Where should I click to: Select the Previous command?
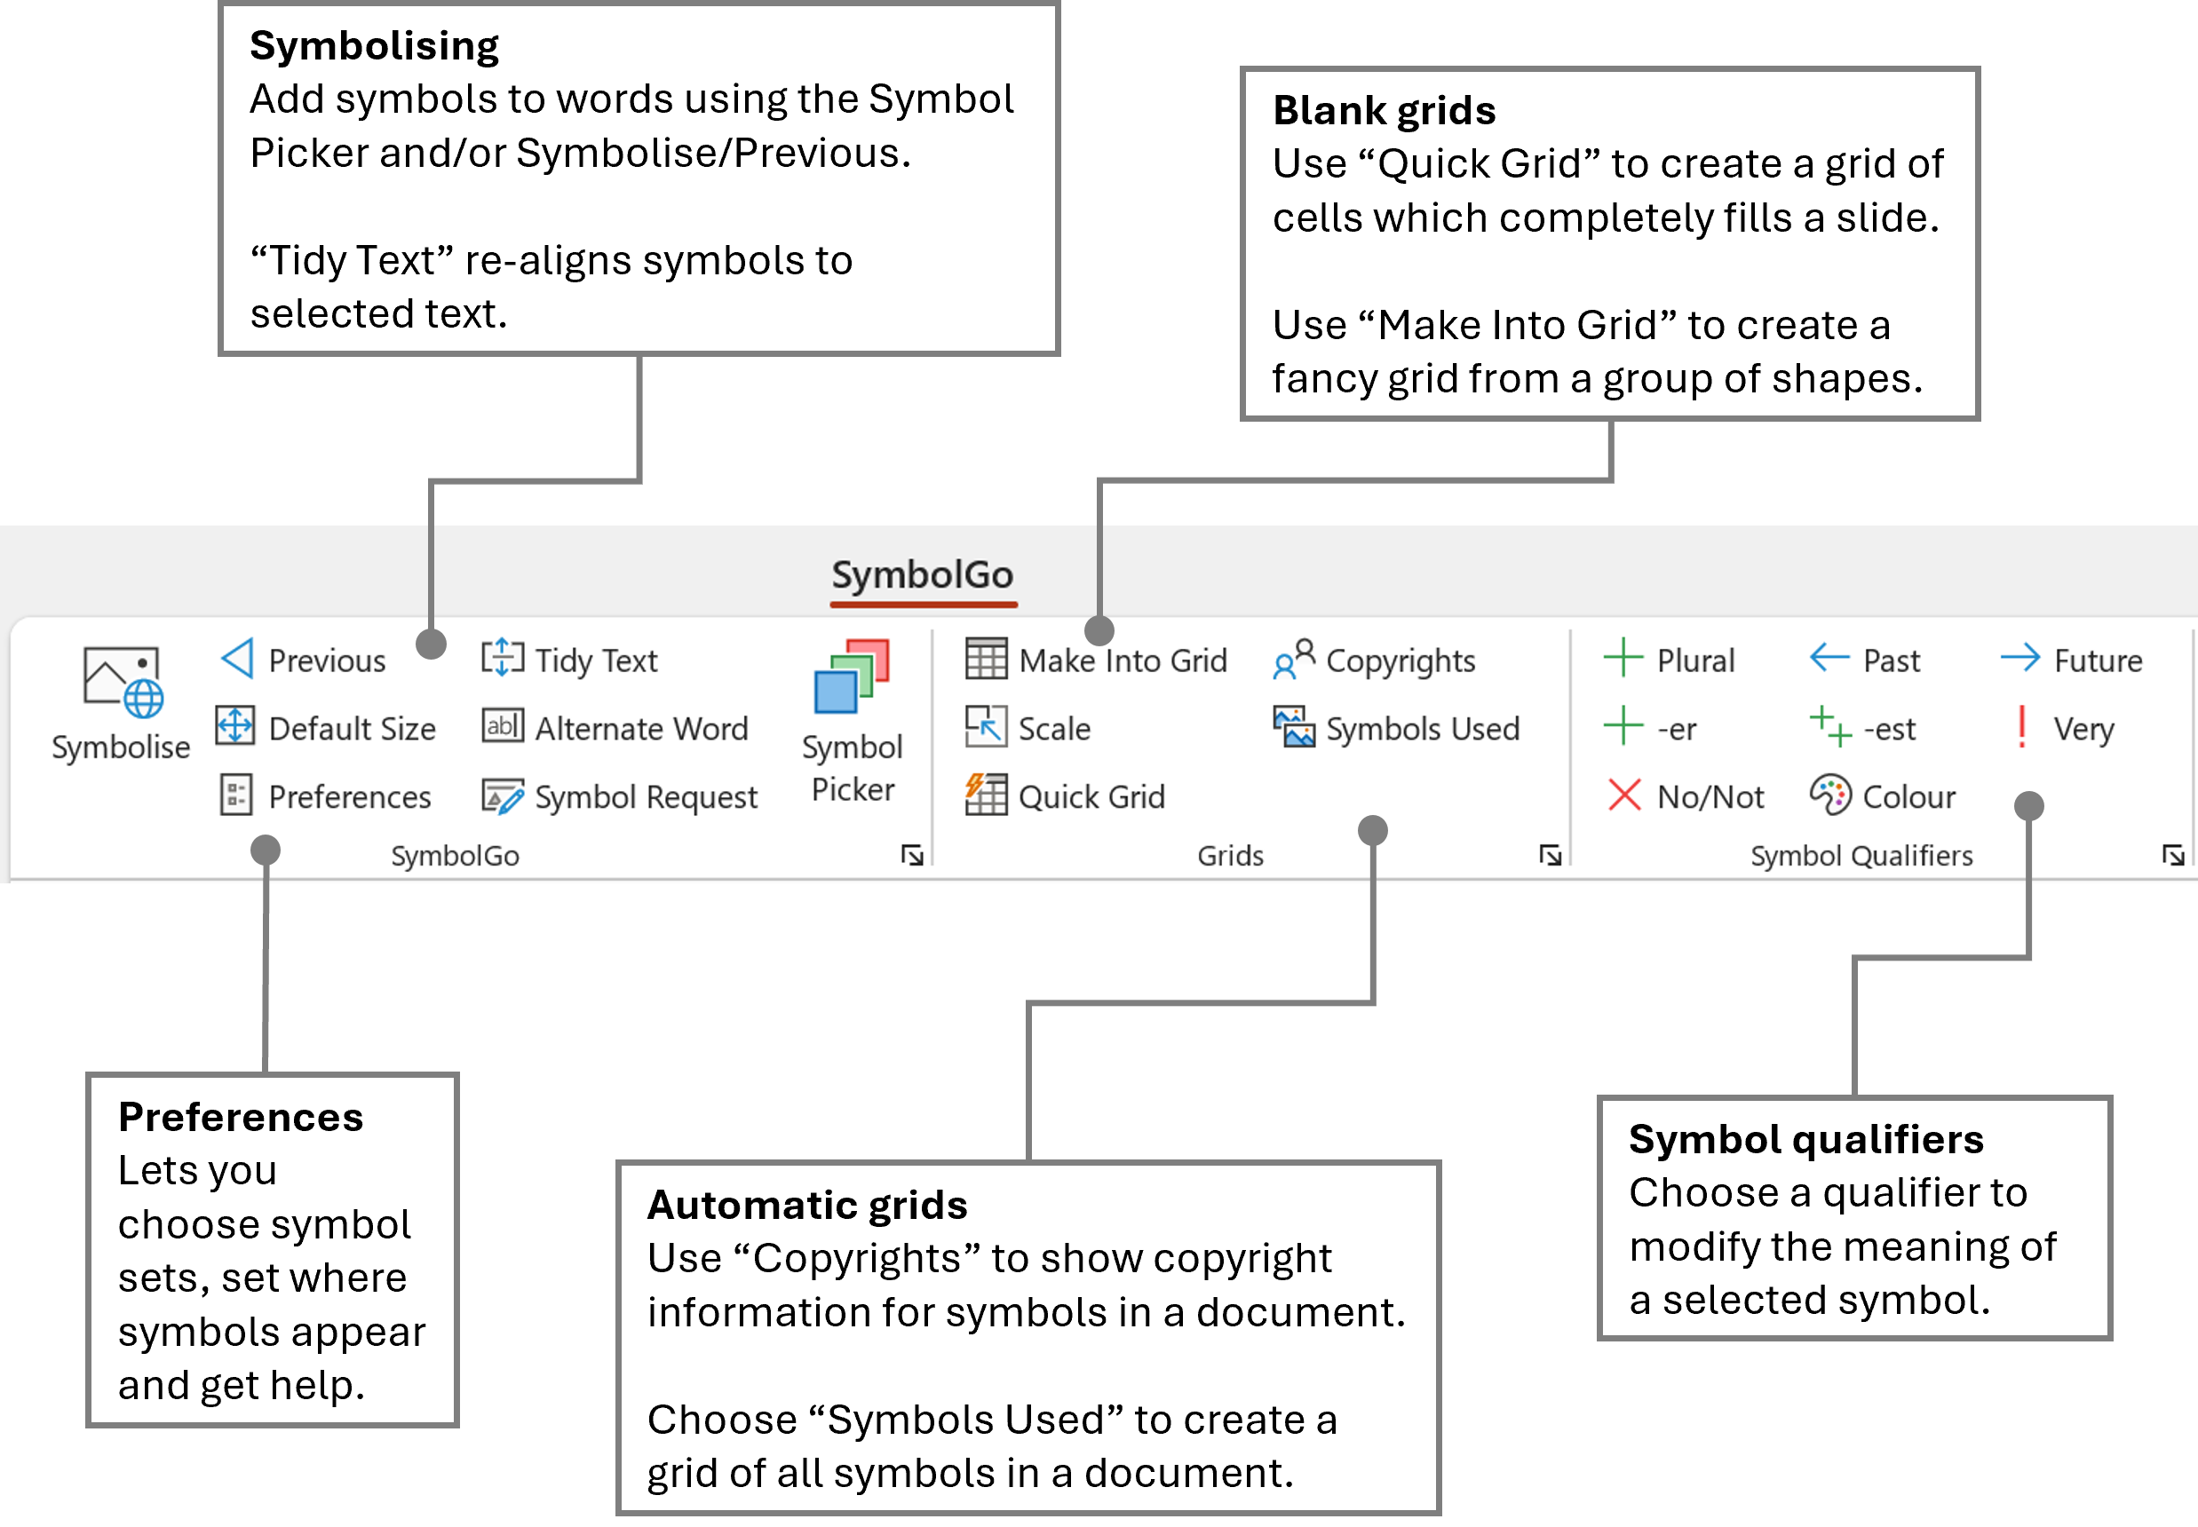pyautogui.click(x=305, y=661)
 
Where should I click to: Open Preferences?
pyautogui.click(x=326, y=796)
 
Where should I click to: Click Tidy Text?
pyautogui.click(x=570, y=661)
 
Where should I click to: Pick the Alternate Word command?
pyautogui.click(x=616, y=728)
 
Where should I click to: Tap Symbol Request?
pyautogui.click(x=620, y=796)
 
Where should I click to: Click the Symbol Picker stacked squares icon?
pyautogui.click(x=852, y=676)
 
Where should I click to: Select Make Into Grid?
pyautogui.click(x=1097, y=661)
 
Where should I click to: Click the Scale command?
pyautogui.click(x=1028, y=728)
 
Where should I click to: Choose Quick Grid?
pyautogui.click(x=1066, y=796)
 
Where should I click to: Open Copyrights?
pyautogui.click(x=1375, y=661)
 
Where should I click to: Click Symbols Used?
pyautogui.click(x=1397, y=728)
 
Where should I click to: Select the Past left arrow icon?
pyautogui.click(x=1829, y=658)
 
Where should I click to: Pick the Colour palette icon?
pyautogui.click(x=1830, y=794)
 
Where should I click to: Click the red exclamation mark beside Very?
pyautogui.click(x=2022, y=727)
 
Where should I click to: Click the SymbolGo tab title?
pyautogui.click(x=923, y=575)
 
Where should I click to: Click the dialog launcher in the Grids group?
pyautogui.click(x=1551, y=854)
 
